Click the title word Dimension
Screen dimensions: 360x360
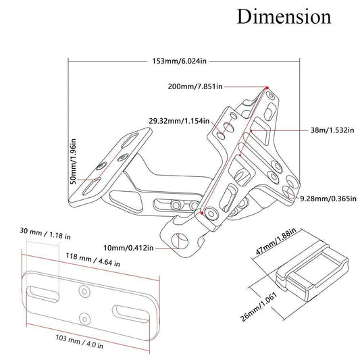pyautogui.click(x=284, y=16)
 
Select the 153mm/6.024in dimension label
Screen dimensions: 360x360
pyautogui.click(x=179, y=61)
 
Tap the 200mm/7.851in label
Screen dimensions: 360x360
pyautogui.click(x=195, y=86)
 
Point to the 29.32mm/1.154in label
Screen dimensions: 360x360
pyautogui.click(x=179, y=121)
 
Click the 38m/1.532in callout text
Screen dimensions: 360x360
pyautogui.click(x=332, y=130)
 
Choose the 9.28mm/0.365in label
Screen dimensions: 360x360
pyautogui.click(x=328, y=198)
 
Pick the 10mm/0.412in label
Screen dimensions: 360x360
pyautogui.click(x=128, y=248)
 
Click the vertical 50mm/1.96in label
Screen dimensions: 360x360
pyautogui.click(x=73, y=161)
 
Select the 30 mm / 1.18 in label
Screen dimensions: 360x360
pyautogui.click(x=45, y=233)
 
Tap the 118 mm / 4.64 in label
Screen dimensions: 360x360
pyautogui.click(x=93, y=259)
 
